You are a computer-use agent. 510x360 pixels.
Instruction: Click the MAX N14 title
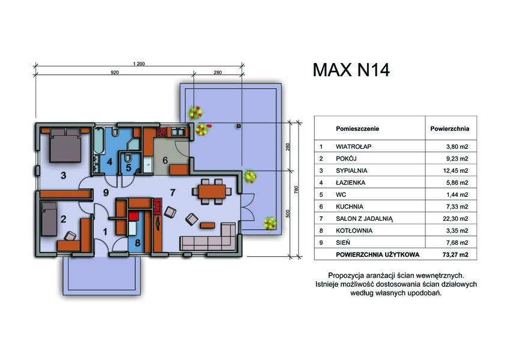click(351, 70)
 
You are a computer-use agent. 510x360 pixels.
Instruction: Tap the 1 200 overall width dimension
click(139, 64)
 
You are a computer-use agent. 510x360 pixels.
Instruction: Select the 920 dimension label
click(115, 73)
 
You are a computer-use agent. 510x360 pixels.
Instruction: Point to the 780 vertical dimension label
click(296, 190)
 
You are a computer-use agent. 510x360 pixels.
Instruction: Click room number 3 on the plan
click(64, 175)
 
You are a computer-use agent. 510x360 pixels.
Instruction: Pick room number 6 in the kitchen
click(165, 160)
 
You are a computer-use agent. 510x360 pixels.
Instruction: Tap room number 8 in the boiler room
click(138, 243)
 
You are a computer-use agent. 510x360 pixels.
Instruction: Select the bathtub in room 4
click(99, 141)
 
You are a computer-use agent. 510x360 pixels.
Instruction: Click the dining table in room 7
click(212, 191)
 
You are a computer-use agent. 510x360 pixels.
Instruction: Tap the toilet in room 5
click(128, 158)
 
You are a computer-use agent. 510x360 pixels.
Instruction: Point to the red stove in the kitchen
click(162, 132)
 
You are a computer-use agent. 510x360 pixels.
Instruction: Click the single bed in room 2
click(49, 218)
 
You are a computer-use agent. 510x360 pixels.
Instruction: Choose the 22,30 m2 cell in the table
click(455, 218)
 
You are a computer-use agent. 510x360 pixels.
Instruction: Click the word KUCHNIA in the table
click(350, 206)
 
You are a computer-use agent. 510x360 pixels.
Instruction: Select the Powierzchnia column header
click(449, 128)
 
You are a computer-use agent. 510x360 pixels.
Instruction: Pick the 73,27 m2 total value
click(455, 255)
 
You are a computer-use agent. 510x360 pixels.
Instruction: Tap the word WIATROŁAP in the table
click(354, 146)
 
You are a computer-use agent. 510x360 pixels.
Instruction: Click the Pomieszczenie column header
click(357, 128)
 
